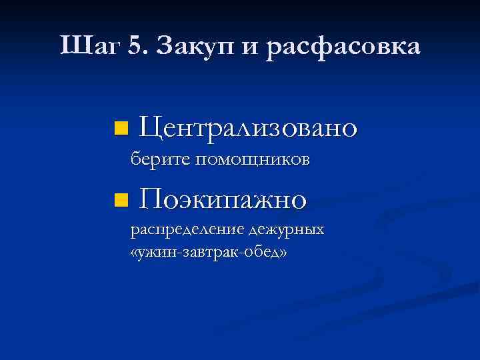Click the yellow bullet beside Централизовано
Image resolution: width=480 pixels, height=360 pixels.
tap(119, 127)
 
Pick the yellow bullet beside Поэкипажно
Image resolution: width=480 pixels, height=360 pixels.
tap(119, 199)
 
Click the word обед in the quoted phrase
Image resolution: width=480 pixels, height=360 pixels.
tap(262, 253)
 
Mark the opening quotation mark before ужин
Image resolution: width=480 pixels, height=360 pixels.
tap(135, 254)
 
